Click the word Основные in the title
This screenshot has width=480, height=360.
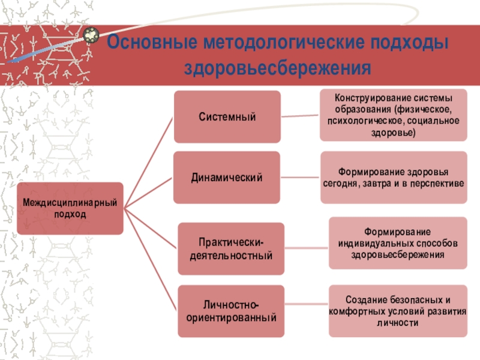[x=150, y=45]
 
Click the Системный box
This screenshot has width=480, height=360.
[x=227, y=117]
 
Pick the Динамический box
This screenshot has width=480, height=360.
[x=227, y=178]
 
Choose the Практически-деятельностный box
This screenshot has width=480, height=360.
[x=231, y=249]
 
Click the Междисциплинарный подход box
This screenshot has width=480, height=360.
[x=69, y=209]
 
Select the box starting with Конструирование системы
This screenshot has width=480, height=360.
[x=393, y=115]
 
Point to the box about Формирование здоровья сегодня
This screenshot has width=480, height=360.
[x=393, y=178]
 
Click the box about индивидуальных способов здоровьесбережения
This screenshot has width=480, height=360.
[x=398, y=243]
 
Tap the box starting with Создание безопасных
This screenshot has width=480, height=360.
[x=398, y=311]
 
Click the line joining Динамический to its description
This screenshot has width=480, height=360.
[x=300, y=178]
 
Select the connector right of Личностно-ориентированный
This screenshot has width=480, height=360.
[x=306, y=310]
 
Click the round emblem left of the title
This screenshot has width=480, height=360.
[x=92, y=36]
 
